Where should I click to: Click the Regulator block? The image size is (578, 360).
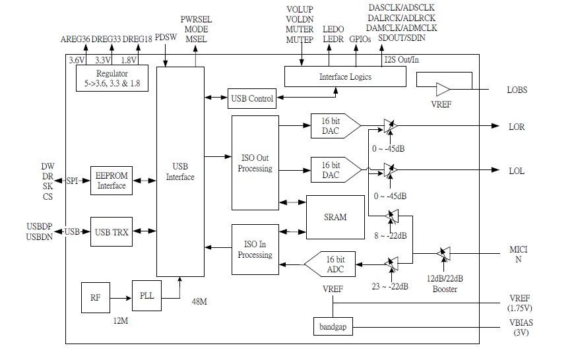[x=112, y=78]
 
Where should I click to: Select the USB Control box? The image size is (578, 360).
[x=252, y=99]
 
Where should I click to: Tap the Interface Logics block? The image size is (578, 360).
[x=344, y=76]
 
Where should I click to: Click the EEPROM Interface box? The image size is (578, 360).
[x=111, y=180]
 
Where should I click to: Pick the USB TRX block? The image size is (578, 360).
[x=111, y=231]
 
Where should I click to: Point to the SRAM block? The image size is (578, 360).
[x=335, y=217]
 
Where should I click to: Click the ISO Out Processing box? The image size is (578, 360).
[x=255, y=163]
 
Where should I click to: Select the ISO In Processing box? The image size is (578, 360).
[x=255, y=250]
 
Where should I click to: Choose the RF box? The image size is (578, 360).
[x=95, y=298]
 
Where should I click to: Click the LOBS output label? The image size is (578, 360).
[x=517, y=90]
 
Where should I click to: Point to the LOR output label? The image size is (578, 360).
[x=517, y=127]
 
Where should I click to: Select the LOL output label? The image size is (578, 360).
[x=517, y=171]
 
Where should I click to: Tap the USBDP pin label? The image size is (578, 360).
[x=39, y=226]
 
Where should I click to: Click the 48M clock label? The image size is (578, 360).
[x=199, y=301]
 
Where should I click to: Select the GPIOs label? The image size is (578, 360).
[x=360, y=40]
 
